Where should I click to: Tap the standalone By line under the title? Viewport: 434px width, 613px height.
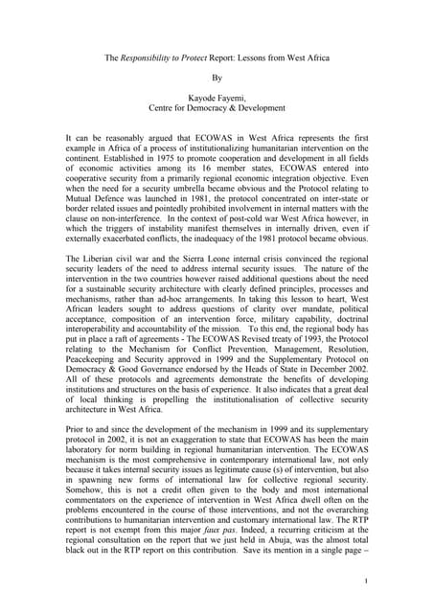tap(217, 82)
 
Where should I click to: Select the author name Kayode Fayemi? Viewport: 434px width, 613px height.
tap(217, 109)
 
